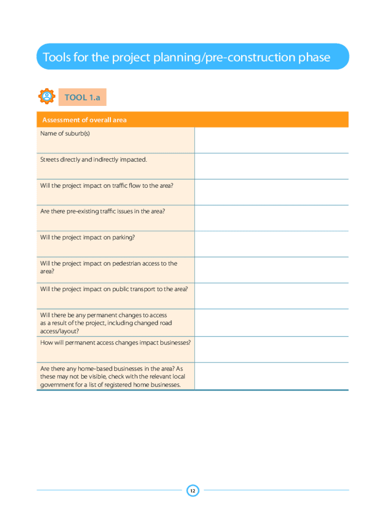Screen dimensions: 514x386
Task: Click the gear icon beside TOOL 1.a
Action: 47,96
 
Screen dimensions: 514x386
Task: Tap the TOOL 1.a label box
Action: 83,97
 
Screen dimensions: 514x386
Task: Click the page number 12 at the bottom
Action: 193,490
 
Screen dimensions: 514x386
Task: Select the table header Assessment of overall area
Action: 85,120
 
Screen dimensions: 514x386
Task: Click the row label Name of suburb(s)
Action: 65,134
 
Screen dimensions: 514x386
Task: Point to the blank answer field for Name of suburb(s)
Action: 271,140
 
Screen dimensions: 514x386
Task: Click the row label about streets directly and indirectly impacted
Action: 94,160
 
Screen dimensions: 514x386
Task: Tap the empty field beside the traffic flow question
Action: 271,192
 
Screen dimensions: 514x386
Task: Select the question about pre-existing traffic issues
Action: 103,211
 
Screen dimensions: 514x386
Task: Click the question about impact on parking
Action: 88,237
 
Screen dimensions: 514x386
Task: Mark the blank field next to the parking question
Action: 271,244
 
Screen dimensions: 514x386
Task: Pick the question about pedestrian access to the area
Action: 109,267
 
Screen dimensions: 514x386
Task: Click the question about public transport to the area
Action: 114,289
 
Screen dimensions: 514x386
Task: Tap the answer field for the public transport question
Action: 271,296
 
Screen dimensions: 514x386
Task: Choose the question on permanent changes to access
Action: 106,323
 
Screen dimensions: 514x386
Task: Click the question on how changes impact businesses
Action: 115,342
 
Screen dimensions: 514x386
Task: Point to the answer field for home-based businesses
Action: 271,376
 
